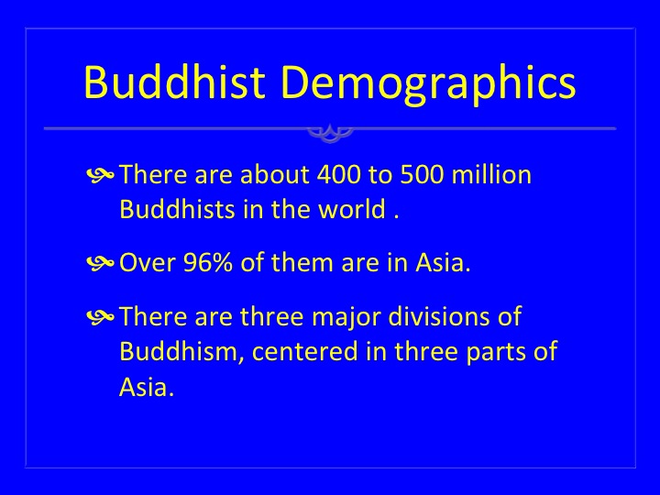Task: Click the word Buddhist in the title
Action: point(175,82)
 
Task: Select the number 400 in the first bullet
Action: point(339,174)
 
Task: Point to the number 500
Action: point(423,174)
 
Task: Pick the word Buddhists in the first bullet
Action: point(177,208)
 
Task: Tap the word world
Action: point(352,208)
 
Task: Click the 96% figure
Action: point(208,263)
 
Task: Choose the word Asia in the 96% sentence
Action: point(443,262)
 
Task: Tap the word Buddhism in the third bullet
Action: point(182,350)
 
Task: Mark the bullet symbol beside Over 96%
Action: point(100,263)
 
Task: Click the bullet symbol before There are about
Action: point(100,174)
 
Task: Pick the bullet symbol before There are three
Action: point(100,316)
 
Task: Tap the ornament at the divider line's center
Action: point(330,133)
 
